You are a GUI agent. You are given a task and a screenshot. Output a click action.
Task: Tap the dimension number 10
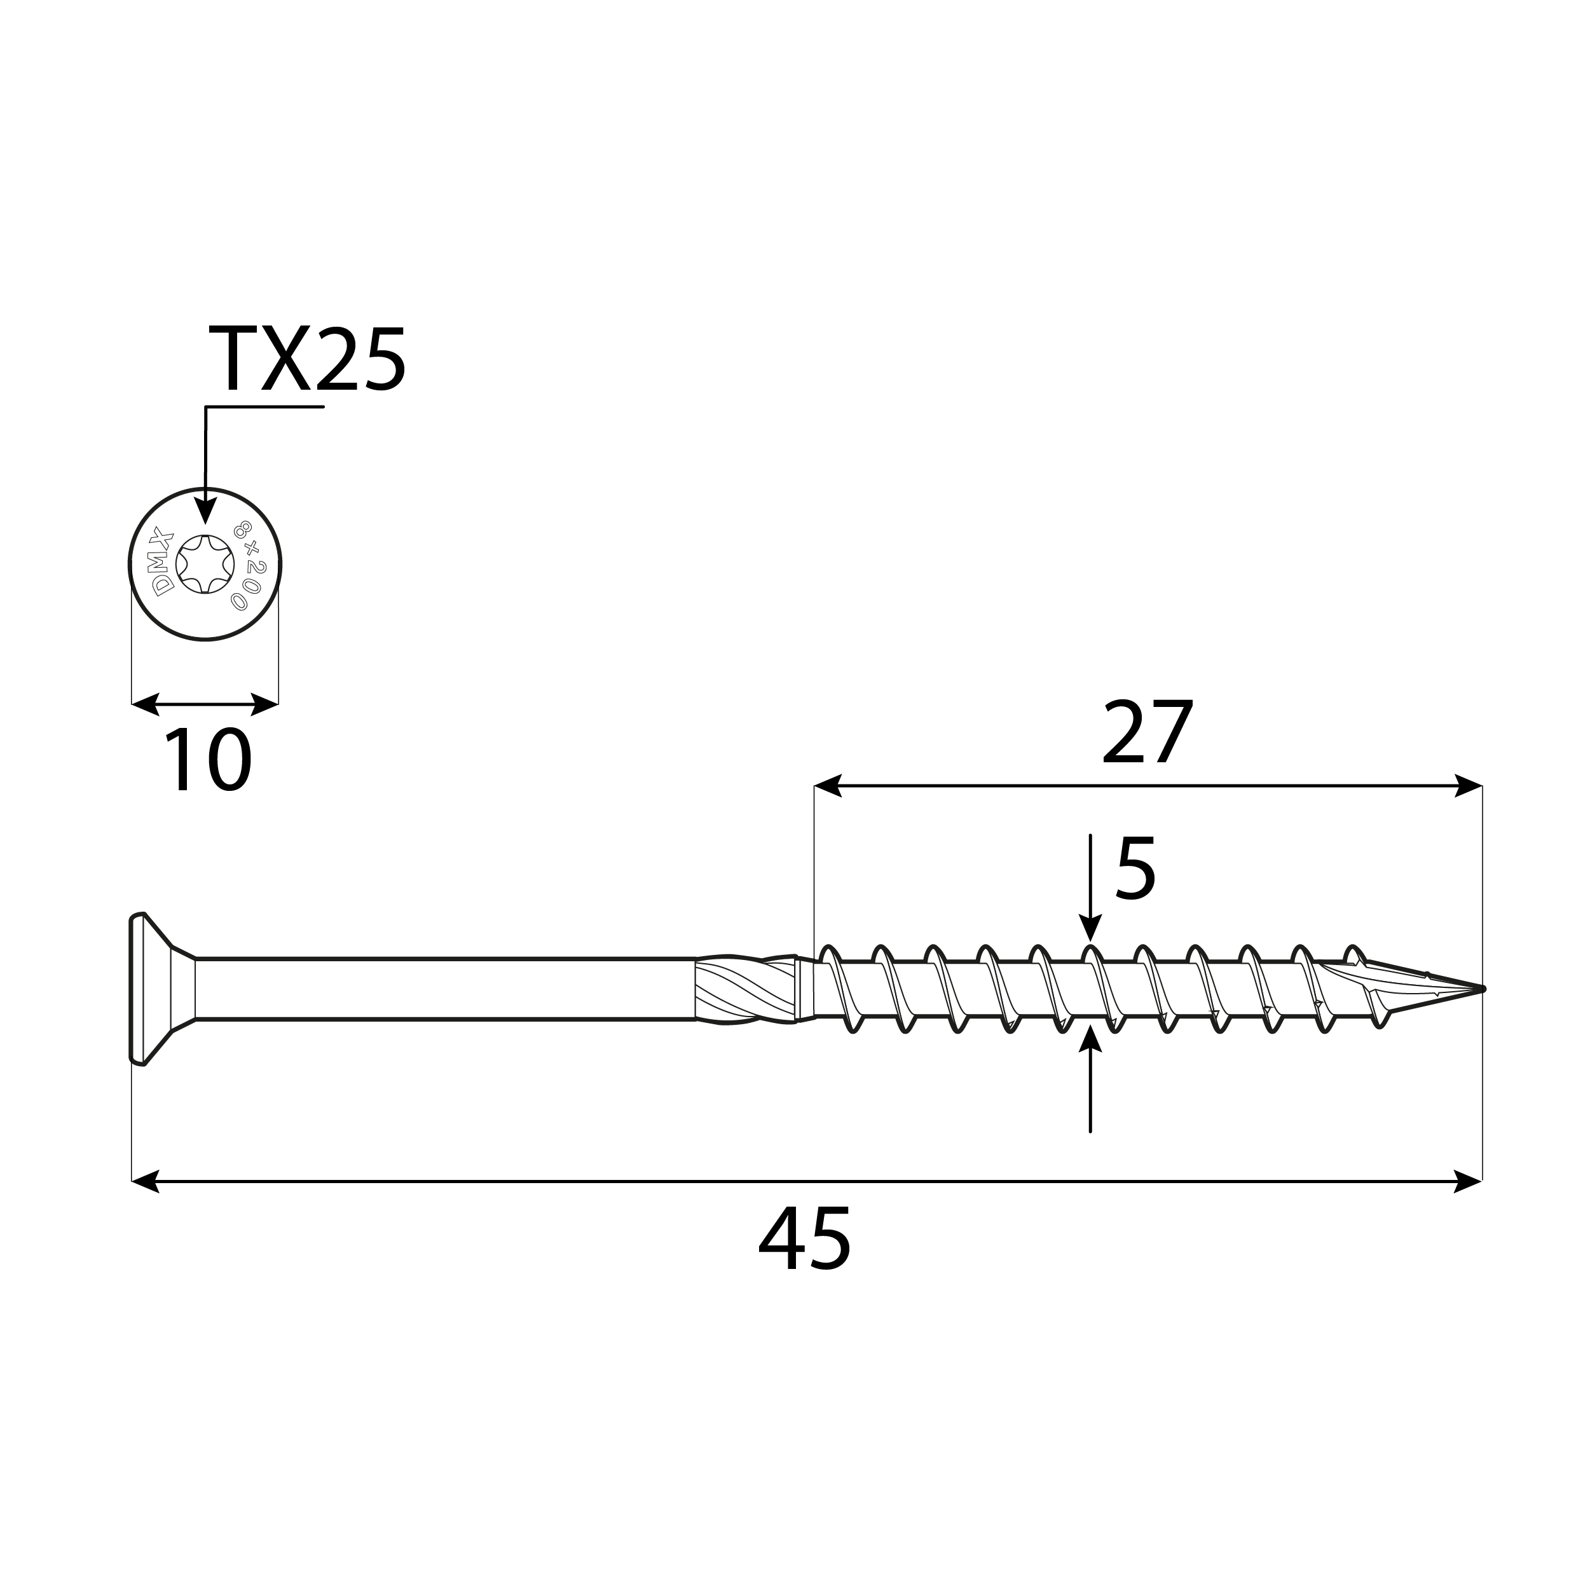point(207,761)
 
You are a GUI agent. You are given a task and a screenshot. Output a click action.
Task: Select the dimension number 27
point(1148,732)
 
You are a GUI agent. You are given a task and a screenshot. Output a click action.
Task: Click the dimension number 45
point(804,1240)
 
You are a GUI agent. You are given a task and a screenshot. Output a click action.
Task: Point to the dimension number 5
point(1135,869)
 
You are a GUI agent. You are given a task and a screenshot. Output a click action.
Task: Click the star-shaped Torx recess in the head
point(205,565)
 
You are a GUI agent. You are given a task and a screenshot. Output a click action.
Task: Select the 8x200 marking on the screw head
point(249,565)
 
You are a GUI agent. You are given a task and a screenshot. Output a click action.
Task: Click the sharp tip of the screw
point(1481,989)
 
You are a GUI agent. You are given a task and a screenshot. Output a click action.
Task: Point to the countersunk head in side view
point(156,989)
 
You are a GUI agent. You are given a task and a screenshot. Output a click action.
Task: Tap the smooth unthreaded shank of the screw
point(444,989)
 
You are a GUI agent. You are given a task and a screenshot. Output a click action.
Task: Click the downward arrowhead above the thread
point(1090,928)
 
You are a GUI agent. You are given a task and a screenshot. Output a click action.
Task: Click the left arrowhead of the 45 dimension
point(145,1182)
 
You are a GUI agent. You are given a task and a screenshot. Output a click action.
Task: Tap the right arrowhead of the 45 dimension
point(1469,1182)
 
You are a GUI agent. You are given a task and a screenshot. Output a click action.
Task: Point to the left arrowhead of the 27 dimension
point(827,786)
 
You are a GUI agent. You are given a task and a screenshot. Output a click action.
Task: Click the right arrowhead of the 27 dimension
point(1469,786)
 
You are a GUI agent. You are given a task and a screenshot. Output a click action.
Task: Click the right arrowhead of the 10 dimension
point(265,704)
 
